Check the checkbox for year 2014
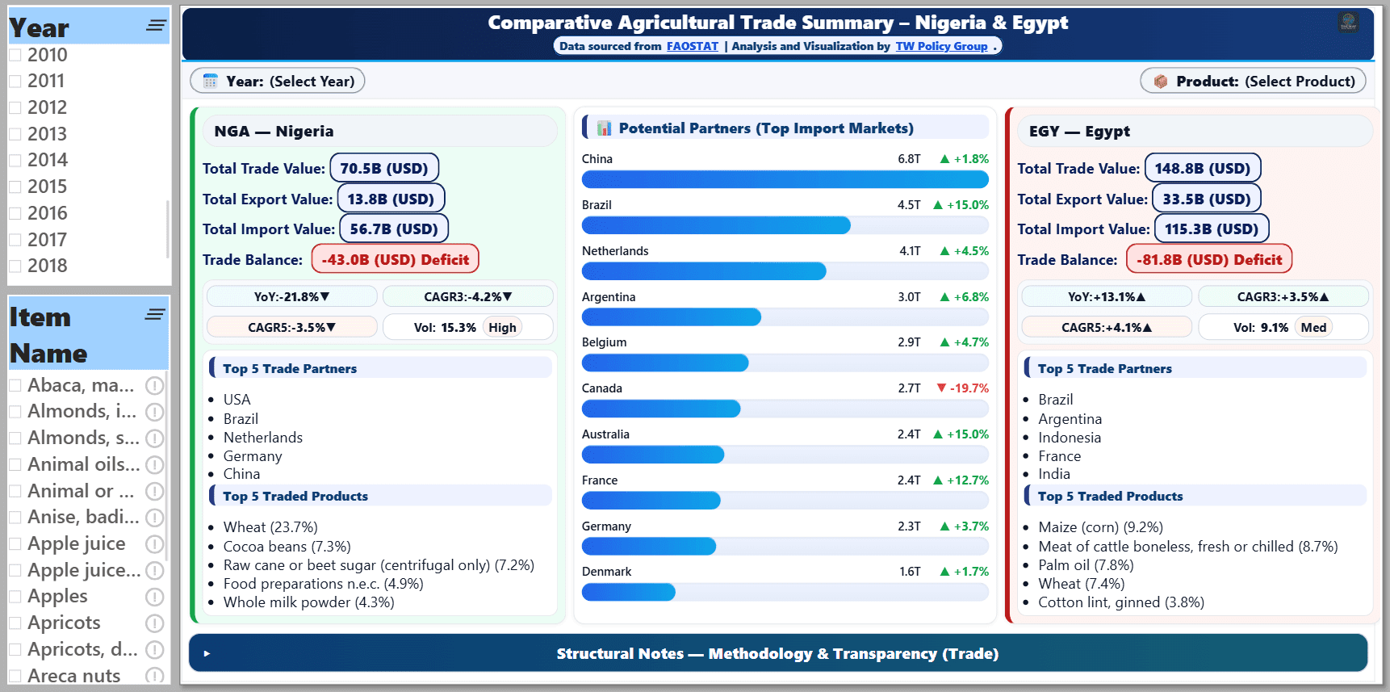[x=15, y=161]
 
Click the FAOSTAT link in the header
[x=692, y=46]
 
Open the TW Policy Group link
[x=941, y=46]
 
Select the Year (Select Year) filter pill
[x=278, y=81]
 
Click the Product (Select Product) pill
[x=1253, y=81]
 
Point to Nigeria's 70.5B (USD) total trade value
[x=384, y=168]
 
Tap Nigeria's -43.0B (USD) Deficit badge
[x=395, y=259]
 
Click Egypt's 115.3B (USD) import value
[x=1211, y=229]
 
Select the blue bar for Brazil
[x=716, y=225]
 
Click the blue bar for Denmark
[x=628, y=593]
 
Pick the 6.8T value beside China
[x=909, y=159]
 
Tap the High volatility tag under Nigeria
[x=502, y=327]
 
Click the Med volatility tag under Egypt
[x=1313, y=327]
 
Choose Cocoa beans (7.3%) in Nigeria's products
[x=287, y=547]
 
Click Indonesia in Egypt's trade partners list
[x=1070, y=438]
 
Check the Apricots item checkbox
[x=15, y=623]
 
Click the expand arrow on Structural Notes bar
[x=207, y=653]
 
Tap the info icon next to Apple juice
[x=154, y=544]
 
